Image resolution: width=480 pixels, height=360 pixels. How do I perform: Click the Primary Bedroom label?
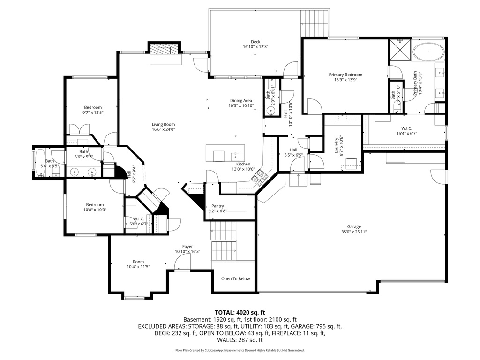[x=345, y=75]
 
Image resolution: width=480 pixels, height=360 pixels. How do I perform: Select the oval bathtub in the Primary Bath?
[x=429, y=52]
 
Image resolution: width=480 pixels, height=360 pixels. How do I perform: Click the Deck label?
[x=255, y=42]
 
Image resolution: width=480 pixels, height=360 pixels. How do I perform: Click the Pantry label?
[x=217, y=206]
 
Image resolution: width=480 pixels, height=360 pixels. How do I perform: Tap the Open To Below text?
[x=235, y=279]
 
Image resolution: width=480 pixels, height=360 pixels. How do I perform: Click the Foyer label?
[x=187, y=247]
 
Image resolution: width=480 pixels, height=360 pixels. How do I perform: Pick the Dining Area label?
[x=241, y=100]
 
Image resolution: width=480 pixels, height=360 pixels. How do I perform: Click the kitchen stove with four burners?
[x=260, y=178]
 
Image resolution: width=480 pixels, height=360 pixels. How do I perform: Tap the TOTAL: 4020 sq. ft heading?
[x=240, y=312]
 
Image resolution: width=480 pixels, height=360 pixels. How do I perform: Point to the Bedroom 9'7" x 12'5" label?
[x=92, y=107]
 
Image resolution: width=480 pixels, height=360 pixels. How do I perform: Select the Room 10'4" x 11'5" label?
[x=138, y=262]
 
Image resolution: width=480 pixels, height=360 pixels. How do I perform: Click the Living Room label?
[x=163, y=124]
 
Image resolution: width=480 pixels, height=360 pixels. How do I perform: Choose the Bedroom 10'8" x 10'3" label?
[x=95, y=204]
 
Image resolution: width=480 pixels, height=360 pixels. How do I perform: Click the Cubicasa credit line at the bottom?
[x=240, y=350]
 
